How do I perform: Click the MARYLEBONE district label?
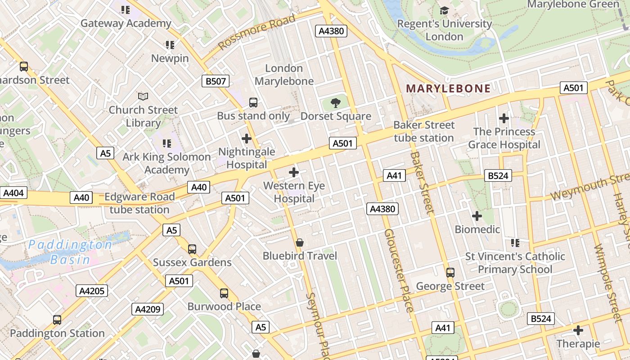pyautogui.click(x=448, y=89)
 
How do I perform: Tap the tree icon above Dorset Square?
pyautogui.click(x=335, y=103)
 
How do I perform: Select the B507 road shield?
pyautogui.click(x=215, y=81)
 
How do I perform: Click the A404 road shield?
pyautogui.click(x=13, y=193)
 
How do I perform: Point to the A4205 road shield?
pyautogui.click(x=92, y=291)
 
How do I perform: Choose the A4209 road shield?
pyautogui.click(x=148, y=309)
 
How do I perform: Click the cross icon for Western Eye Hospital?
pyautogui.click(x=294, y=172)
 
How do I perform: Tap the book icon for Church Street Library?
pyautogui.click(x=143, y=96)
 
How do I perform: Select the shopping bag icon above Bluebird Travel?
pyautogui.click(x=300, y=243)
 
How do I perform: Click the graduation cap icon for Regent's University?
pyautogui.click(x=444, y=10)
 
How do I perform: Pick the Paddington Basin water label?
pyautogui.click(x=70, y=252)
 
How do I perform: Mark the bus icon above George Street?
pyautogui.click(x=450, y=273)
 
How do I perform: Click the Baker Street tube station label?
pyautogui.click(x=424, y=131)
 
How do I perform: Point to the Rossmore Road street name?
pyautogui.click(x=257, y=31)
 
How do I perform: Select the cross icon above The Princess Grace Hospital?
pyautogui.click(x=504, y=118)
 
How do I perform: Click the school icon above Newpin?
pyautogui.click(x=170, y=45)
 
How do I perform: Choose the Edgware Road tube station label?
pyautogui.click(x=139, y=203)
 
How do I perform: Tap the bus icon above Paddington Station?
pyautogui.click(x=57, y=320)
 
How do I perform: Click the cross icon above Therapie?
pyautogui.click(x=578, y=331)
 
